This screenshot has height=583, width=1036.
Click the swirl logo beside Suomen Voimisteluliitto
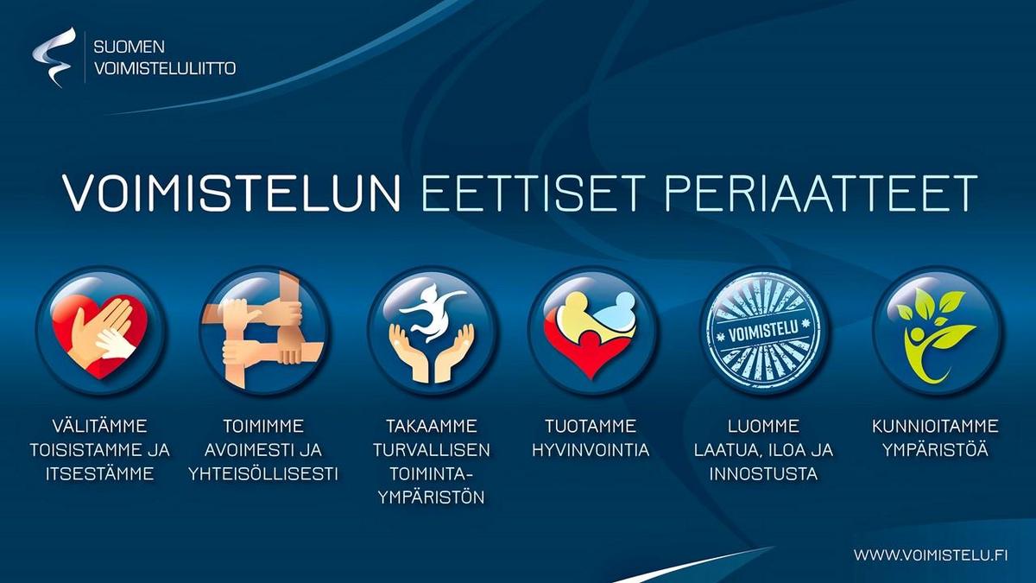pos(54,56)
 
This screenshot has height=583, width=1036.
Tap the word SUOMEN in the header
pos(129,47)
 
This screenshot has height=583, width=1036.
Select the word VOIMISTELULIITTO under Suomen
pos(165,68)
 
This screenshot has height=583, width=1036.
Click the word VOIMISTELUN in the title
pos(231,193)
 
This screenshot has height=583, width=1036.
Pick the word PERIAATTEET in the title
pos(820,193)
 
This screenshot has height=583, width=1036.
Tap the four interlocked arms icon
pos(263,330)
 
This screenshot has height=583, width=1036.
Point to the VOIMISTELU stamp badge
pos(763,330)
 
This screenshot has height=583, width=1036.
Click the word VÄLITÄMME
pos(100,426)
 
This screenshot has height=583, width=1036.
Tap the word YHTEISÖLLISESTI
pos(263,474)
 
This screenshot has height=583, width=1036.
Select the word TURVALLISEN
pos(432,450)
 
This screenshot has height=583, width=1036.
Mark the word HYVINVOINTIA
pos(591,450)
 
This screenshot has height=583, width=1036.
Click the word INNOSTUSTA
pos(763,474)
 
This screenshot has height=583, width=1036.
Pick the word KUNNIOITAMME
pos(935,426)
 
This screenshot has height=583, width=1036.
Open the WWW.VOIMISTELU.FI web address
pos(931,554)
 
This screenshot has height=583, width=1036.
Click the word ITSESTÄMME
pos(99,474)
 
